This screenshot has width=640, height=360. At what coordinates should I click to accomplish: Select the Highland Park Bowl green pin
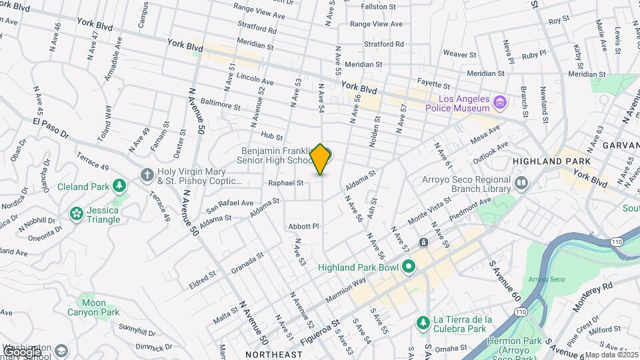409,267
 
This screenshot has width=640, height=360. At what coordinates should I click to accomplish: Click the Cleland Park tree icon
119,185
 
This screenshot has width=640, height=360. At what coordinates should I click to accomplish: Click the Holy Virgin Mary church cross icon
147,175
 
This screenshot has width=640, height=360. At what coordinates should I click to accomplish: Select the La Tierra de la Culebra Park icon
423,323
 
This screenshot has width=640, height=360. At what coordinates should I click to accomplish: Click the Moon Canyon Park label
93,307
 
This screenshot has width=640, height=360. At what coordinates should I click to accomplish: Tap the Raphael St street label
285,182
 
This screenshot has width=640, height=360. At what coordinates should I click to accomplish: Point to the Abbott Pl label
304,227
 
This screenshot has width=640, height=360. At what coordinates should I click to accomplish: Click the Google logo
21,351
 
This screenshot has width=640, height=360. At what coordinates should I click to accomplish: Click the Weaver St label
458,53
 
